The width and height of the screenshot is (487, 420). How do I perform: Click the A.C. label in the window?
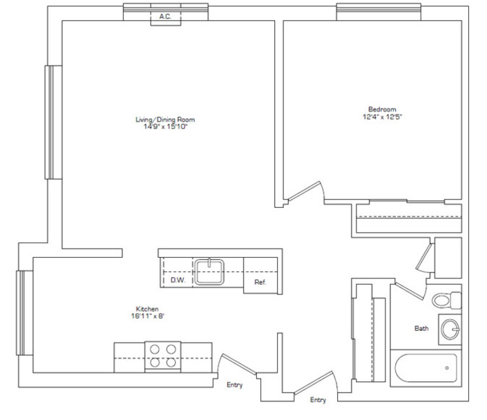[x=165, y=17]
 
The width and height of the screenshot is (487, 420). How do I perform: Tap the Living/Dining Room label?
[x=165, y=120]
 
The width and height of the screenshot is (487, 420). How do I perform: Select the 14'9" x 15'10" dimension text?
[x=165, y=126]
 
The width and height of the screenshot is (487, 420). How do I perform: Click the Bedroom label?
[x=382, y=109]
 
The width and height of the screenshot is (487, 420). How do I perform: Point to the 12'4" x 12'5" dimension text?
[x=382, y=117]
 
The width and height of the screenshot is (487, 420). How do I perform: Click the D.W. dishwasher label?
[x=178, y=280]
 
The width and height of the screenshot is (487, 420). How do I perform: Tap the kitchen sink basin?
[x=209, y=271]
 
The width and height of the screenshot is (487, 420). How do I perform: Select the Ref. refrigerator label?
[x=260, y=282]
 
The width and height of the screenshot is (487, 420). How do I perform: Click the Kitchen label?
[x=147, y=309]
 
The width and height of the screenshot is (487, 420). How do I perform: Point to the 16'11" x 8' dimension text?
[x=148, y=316]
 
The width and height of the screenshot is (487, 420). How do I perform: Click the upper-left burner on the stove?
[x=155, y=350]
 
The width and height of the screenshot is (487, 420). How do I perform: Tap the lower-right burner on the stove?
[x=171, y=362]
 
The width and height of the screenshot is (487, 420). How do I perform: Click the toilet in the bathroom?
[x=447, y=300]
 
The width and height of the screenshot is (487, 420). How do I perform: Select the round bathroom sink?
[x=450, y=330]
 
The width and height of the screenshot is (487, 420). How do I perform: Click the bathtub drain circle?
[x=447, y=368]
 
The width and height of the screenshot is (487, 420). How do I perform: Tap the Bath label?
[x=421, y=328]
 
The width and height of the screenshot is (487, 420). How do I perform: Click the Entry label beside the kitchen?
[x=234, y=385]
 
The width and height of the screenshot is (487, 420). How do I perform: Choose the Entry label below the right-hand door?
[x=318, y=400]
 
